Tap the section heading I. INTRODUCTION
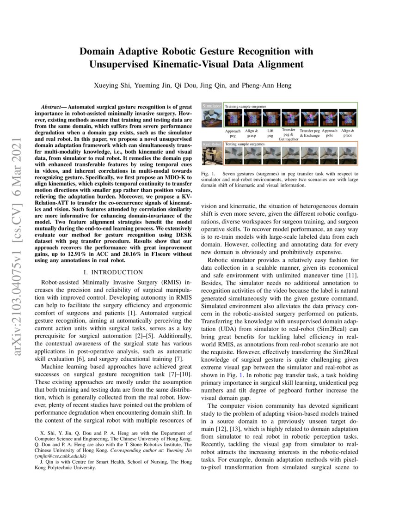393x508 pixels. (x=113, y=272)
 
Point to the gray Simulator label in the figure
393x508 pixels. (x=212, y=106)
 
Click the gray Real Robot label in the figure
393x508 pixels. (x=212, y=145)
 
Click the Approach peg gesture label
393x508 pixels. (x=233, y=133)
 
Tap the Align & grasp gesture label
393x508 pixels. (x=252, y=133)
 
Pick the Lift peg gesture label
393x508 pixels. (x=270, y=133)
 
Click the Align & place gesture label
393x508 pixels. (x=348, y=133)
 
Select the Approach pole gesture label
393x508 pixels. (x=330, y=133)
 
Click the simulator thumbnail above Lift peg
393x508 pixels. (x=270, y=118)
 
